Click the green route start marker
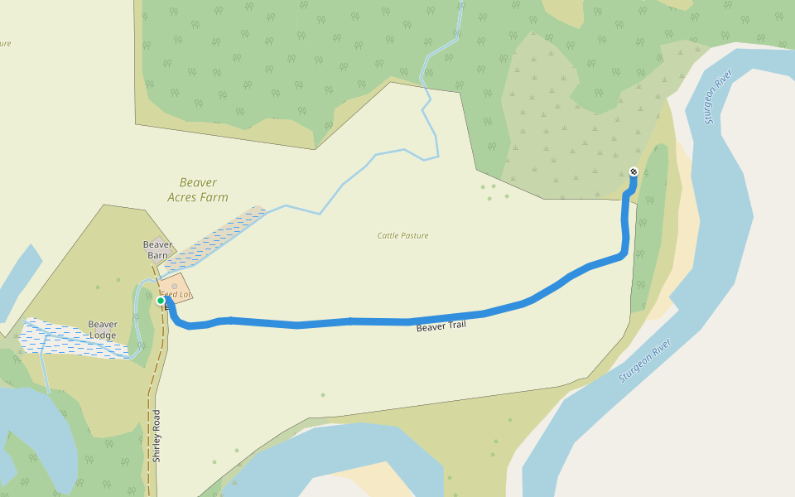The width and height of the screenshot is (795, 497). [x=161, y=301]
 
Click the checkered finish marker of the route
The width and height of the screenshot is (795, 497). [x=634, y=172]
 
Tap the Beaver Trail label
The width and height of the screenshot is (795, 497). [x=441, y=326]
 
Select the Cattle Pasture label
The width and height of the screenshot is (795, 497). [x=402, y=236]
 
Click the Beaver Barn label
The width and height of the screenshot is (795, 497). [x=157, y=249]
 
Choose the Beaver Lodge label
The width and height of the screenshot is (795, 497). [x=103, y=330]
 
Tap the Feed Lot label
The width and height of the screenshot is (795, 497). [x=176, y=294]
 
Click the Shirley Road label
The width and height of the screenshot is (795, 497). [x=156, y=436]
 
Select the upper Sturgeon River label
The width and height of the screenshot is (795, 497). [x=719, y=97]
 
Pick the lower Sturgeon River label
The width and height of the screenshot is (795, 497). [x=644, y=360]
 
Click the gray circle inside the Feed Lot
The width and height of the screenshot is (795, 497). [x=175, y=287]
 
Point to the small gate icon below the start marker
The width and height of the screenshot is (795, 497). [x=166, y=308]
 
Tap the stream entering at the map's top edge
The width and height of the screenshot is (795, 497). [x=460, y=10]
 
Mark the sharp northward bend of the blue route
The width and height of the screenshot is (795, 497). [x=625, y=253]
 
